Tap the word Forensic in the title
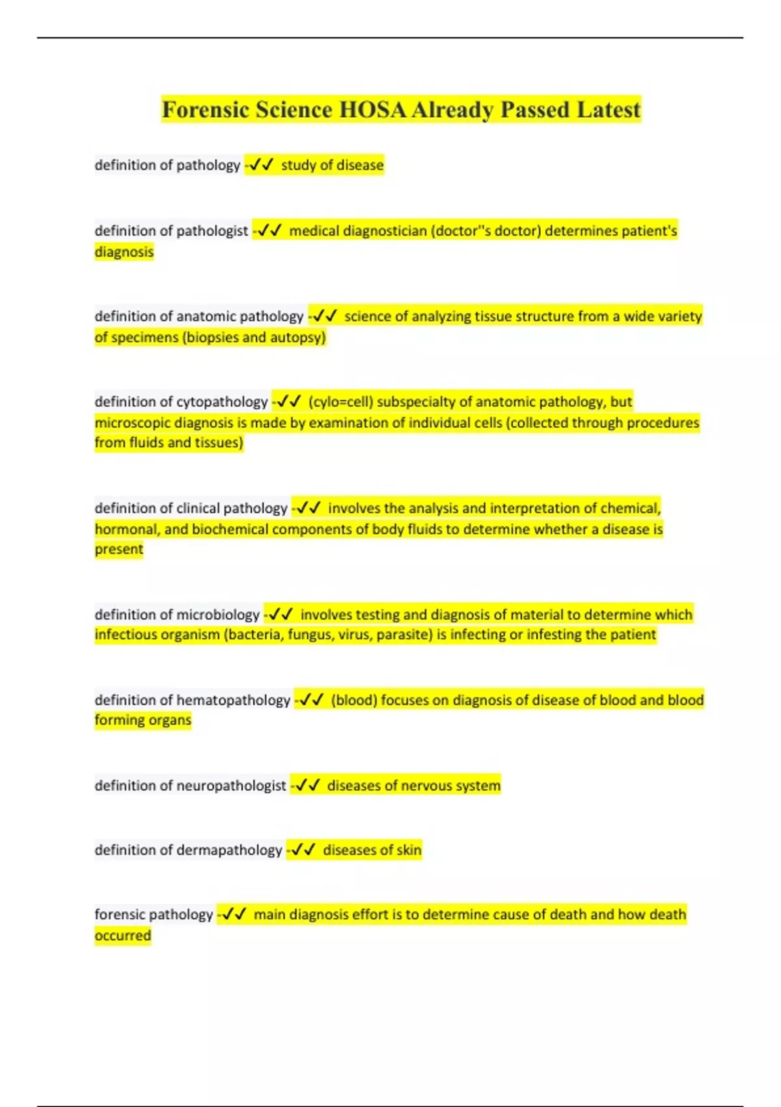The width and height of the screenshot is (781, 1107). (205, 109)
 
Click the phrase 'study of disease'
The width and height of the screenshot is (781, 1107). (332, 165)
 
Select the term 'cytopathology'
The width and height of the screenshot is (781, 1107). (222, 402)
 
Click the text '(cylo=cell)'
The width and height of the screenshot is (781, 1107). (341, 402)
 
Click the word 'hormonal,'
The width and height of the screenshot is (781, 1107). (126, 529)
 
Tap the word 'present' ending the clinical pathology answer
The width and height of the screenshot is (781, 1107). (118, 550)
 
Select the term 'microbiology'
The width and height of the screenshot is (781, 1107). (218, 615)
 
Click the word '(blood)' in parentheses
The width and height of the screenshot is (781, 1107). (354, 701)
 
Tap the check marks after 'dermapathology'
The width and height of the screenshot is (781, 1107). (303, 850)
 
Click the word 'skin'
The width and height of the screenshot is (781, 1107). (409, 850)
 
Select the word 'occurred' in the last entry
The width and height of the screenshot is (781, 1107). (122, 936)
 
